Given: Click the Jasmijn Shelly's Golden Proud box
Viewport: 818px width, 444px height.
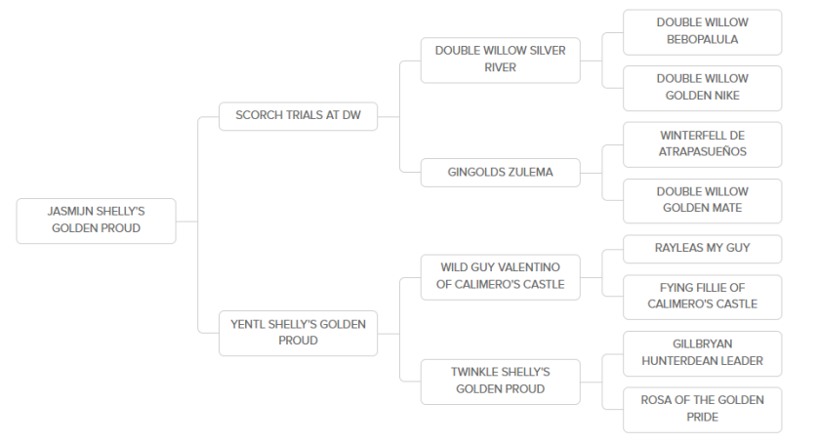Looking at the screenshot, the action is pos(96,221).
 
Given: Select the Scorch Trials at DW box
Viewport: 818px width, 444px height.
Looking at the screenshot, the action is pos(298,116).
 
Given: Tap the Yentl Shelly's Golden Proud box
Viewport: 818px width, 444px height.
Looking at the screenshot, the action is pos(298,334).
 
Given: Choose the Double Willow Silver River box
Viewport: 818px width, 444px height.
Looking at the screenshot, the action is pos(501,60).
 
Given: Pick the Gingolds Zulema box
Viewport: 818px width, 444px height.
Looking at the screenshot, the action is pos(501,173).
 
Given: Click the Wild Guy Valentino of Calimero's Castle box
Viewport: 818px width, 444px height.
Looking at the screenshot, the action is pos(501,277).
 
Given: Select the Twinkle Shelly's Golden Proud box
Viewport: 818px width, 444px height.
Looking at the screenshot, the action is pos(501,382).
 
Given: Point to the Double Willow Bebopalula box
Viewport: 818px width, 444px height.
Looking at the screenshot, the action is pos(702,32).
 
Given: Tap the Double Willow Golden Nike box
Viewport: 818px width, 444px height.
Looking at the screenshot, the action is pos(702,88).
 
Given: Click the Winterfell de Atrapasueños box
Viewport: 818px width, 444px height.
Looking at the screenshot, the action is pos(702,144).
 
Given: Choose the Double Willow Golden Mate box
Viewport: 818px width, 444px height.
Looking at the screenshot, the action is pos(702,201).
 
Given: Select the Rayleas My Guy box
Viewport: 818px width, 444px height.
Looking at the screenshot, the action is pos(702,249).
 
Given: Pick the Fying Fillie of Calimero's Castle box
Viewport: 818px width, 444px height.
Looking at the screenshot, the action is pos(702,297).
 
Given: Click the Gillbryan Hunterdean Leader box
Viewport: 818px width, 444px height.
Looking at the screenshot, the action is pos(702,353).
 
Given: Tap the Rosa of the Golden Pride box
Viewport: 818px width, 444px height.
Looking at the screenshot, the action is pos(702,410).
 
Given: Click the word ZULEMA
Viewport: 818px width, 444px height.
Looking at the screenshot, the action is pos(528,172).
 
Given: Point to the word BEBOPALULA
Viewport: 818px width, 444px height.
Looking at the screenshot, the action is pos(702,40).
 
